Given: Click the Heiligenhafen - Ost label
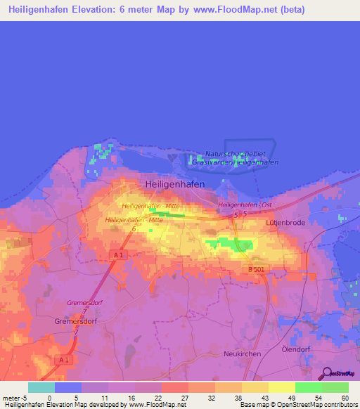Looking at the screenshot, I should click(245, 204).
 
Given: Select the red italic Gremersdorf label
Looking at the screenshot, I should click(85, 302).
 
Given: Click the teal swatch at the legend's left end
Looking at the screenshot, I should click(41, 387).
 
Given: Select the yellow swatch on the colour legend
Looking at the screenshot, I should click(281, 387).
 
